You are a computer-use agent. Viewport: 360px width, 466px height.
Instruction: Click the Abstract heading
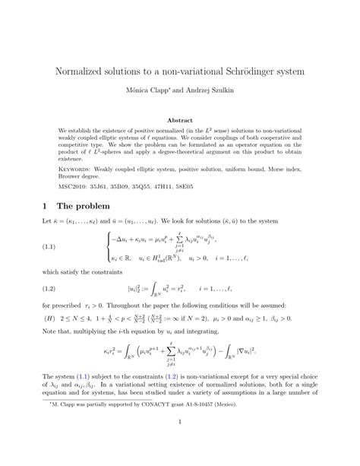(x=180, y=119)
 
